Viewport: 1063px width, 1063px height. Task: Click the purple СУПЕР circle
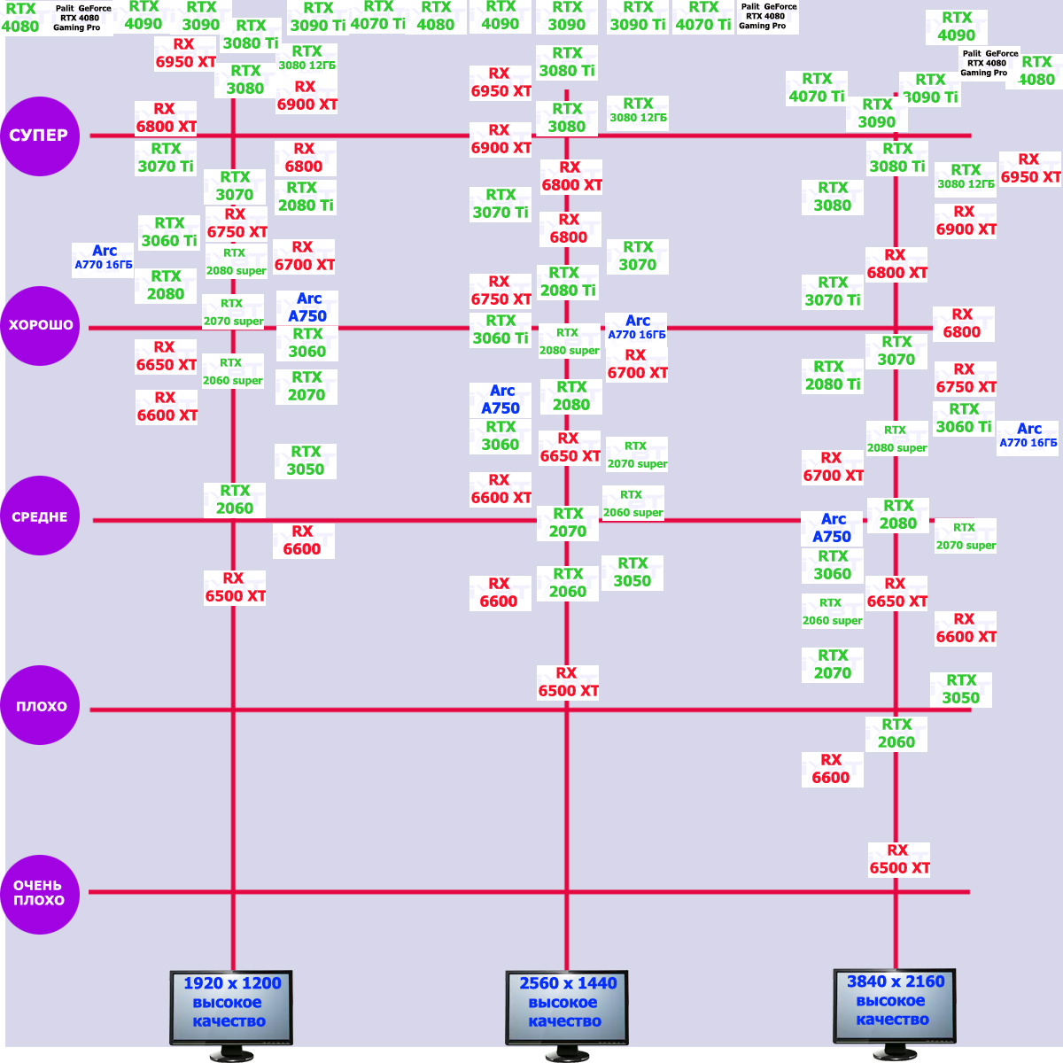40,136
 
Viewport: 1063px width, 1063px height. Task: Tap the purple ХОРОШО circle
40,325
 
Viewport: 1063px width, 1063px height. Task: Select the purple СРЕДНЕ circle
40,516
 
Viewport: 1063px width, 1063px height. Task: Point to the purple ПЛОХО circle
40,706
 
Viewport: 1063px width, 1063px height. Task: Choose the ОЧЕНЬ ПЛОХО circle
40,893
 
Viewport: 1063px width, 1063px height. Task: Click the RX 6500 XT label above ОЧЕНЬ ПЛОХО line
899,859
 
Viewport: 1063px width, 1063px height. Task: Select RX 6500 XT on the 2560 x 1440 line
568,682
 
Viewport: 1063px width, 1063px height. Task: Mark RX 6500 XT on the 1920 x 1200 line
235,587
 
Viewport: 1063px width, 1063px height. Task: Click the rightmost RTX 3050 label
961,689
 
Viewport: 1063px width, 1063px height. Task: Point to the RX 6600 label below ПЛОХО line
831,769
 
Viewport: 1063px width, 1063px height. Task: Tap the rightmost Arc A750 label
832,528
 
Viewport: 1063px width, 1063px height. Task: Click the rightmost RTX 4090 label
957,27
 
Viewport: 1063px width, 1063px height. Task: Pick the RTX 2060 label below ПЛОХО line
896,733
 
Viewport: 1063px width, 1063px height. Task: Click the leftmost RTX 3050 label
306,461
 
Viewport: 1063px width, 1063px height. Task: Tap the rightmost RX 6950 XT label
1030,168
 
